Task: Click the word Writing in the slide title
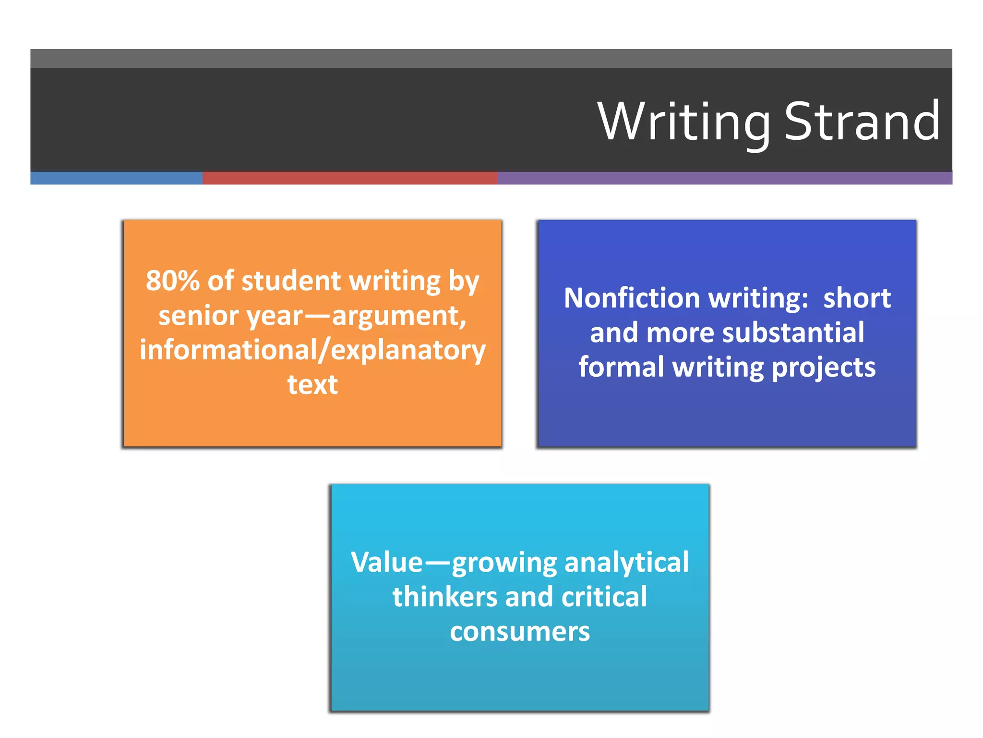click(683, 123)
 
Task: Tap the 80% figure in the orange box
click(172, 281)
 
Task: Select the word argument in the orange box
click(399, 316)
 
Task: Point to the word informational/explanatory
click(312, 350)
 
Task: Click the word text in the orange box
click(312, 385)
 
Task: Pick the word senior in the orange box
click(198, 316)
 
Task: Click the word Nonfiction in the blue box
click(632, 298)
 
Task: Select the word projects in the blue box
click(824, 368)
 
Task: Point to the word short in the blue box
click(857, 298)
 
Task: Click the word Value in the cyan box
click(387, 562)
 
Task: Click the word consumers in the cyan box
click(520, 631)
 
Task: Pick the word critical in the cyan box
click(604, 597)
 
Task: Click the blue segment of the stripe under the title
click(116, 178)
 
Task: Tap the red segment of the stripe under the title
click(349, 178)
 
